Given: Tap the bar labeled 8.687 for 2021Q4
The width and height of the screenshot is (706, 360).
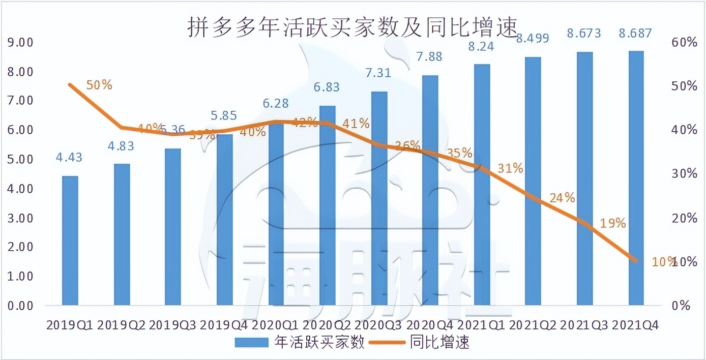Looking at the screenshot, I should coord(636,178).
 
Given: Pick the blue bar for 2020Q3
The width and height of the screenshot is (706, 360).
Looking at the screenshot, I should coord(379,198).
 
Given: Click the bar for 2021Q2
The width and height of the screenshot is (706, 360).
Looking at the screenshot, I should coord(533,181).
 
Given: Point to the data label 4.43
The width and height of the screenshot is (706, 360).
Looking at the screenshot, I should coord(68,158).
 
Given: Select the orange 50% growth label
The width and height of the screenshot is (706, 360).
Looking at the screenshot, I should coord(99,85).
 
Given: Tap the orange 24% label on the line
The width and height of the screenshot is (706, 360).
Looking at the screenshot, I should coord(562,198).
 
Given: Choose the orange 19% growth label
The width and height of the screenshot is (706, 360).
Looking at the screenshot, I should coord(613,223).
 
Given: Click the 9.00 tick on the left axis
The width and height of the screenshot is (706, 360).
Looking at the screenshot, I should coord(20,42).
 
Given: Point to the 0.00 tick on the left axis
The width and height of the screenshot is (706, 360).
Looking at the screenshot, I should coord(20,306).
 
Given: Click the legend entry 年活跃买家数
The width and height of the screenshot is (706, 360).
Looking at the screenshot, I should coord(300,343).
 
